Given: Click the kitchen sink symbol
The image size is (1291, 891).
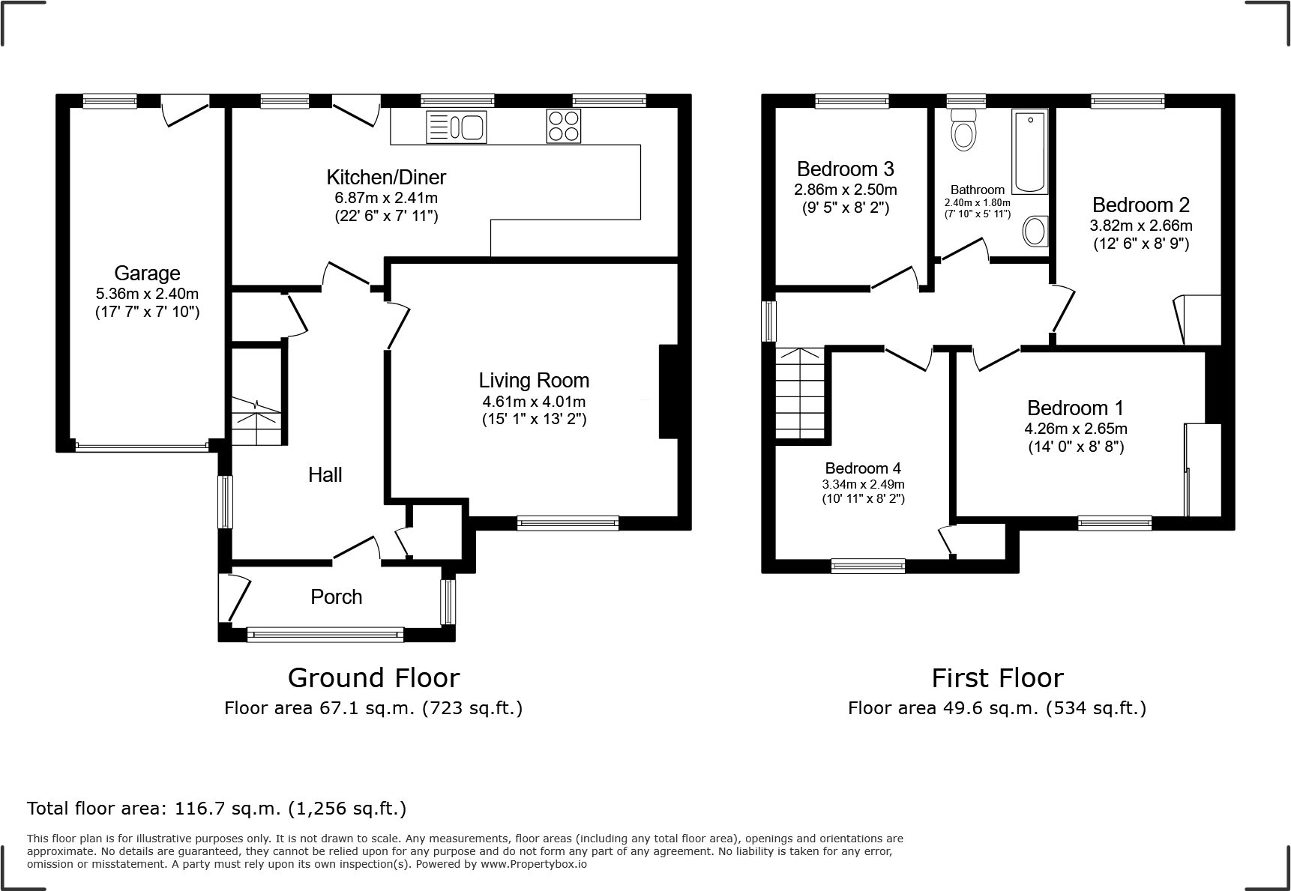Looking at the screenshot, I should (x=456, y=126).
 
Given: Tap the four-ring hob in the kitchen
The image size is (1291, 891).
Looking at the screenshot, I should (x=563, y=125).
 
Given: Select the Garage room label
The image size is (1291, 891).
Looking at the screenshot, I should (x=147, y=273).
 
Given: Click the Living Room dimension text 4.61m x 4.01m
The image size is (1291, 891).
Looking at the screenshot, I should (x=534, y=402).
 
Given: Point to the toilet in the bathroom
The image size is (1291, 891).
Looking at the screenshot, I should (x=963, y=130).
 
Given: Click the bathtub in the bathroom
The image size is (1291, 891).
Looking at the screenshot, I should (x=1029, y=151).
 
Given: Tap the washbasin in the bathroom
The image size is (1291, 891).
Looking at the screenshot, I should (x=1036, y=231).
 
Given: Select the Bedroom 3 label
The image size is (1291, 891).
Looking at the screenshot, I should (x=845, y=169).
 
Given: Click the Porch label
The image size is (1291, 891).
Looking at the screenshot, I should (x=337, y=596).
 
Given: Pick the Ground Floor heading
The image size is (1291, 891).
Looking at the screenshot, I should (x=373, y=677).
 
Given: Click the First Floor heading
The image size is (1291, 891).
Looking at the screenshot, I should (x=997, y=677).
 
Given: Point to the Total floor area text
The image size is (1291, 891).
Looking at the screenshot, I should (x=217, y=809).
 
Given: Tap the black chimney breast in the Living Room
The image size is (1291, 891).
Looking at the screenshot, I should (x=668, y=391).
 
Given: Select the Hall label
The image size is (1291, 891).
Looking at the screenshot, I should (x=325, y=474).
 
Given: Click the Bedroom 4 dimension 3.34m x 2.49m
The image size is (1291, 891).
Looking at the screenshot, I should (x=863, y=484).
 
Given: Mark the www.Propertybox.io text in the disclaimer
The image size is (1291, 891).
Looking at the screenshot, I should (x=533, y=864).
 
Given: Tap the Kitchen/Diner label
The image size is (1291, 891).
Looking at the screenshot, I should (x=386, y=177).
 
